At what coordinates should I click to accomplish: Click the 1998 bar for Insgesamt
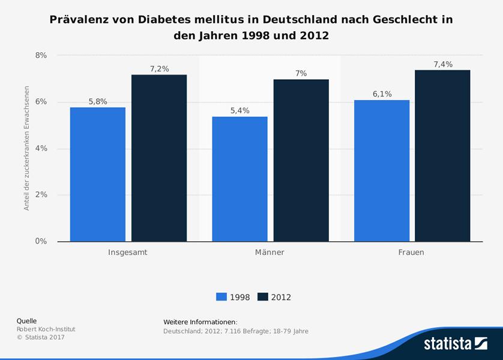tap(98, 174)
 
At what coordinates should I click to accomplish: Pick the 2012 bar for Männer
tap(301, 160)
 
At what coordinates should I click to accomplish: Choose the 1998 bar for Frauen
tap(382, 170)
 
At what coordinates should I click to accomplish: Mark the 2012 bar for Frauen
tap(443, 155)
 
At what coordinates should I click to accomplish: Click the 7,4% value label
tap(443, 64)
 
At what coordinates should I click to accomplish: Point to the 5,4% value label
tap(239, 110)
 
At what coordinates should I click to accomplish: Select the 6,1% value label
tap(382, 94)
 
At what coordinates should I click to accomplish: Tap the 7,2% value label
tap(159, 69)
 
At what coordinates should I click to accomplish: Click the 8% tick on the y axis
tap(41, 55)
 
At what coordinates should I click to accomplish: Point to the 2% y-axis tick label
tap(41, 195)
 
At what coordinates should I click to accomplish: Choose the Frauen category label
tap(411, 253)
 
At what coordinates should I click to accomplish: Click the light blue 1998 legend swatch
tap(221, 296)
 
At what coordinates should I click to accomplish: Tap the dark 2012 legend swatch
tap(262, 296)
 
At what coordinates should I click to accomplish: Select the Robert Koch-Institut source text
tap(46, 329)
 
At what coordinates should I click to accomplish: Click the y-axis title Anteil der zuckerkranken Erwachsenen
tap(26, 148)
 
